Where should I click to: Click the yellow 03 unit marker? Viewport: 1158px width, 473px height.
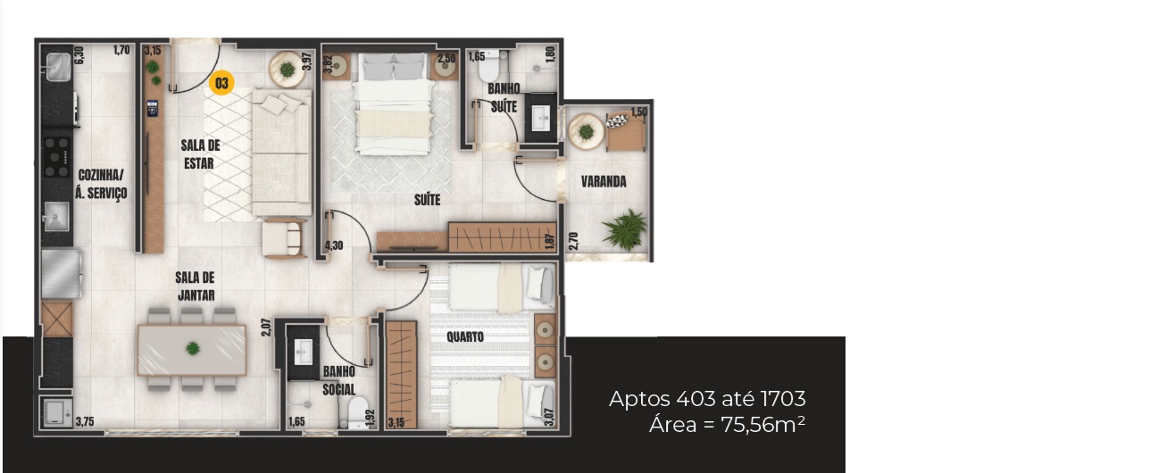pyautogui.click(x=221, y=83)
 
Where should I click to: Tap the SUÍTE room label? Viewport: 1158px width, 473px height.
pyautogui.click(x=427, y=200)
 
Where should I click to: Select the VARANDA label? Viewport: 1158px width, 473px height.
pyautogui.click(x=604, y=181)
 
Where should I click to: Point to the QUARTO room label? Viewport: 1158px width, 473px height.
pyautogui.click(x=465, y=337)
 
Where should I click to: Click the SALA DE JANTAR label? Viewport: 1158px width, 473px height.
pyautogui.click(x=195, y=286)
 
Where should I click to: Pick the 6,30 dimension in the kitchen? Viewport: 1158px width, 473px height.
pyautogui.click(x=79, y=56)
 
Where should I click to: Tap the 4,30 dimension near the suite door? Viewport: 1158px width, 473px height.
pyautogui.click(x=334, y=245)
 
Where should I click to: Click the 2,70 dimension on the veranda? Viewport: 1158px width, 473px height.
pyautogui.click(x=573, y=241)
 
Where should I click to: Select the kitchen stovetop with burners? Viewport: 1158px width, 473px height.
pyautogui.click(x=56, y=157)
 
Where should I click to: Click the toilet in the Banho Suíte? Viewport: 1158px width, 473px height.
pyautogui.click(x=489, y=66)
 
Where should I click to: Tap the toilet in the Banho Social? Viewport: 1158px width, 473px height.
pyautogui.click(x=357, y=412)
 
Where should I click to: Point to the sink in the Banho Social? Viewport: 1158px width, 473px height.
pyautogui.click(x=303, y=352)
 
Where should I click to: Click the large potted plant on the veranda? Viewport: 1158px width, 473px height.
pyautogui.click(x=625, y=229)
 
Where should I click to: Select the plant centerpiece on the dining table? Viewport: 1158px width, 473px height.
pyautogui.click(x=193, y=348)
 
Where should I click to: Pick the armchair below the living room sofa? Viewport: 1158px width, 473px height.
pyautogui.click(x=283, y=237)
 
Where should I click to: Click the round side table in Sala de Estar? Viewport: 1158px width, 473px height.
pyautogui.click(x=287, y=70)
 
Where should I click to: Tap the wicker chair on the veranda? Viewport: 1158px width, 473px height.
pyautogui.click(x=626, y=131)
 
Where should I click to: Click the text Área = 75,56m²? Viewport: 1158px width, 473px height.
pyautogui.click(x=727, y=425)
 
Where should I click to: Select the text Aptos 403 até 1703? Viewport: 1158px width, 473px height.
pyautogui.click(x=707, y=399)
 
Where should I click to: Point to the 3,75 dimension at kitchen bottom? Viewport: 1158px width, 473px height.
pyautogui.click(x=85, y=422)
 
